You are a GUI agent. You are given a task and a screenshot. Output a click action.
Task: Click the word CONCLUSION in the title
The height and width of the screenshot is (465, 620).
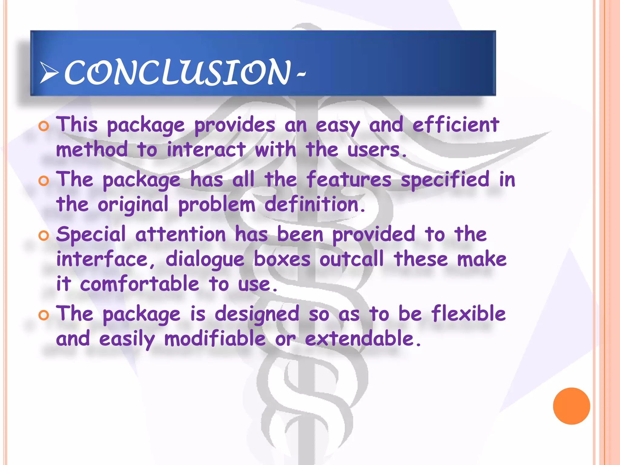pyautogui.click(x=177, y=73)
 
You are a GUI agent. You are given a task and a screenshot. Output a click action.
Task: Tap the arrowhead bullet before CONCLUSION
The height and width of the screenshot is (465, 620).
pyautogui.click(x=49, y=73)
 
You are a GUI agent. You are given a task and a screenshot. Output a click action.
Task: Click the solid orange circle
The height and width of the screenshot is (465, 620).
pyautogui.click(x=571, y=406)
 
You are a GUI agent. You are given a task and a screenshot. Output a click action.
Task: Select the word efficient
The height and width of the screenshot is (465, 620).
pyautogui.click(x=456, y=125)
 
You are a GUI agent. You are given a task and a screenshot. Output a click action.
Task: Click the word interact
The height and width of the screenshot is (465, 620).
pyautogui.click(x=206, y=150)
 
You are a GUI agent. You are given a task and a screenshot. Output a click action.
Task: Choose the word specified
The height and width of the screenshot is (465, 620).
pyautogui.click(x=445, y=180)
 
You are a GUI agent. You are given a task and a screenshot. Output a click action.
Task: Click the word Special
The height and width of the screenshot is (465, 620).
pyautogui.click(x=91, y=235)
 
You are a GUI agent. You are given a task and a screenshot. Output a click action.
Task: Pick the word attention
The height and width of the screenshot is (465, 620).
pyautogui.click(x=181, y=235)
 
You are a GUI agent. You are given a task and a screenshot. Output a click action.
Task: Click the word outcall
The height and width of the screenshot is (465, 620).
pyautogui.click(x=351, y=259)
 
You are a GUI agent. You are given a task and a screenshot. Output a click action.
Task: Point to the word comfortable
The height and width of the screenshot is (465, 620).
pyautogui.click(x=140, y=284)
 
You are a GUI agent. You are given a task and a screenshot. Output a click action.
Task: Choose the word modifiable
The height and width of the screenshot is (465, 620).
pyautogui.click(x=215, y=339)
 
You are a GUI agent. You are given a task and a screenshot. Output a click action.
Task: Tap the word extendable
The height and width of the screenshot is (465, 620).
pyautogui.click(x=359, y=339)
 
